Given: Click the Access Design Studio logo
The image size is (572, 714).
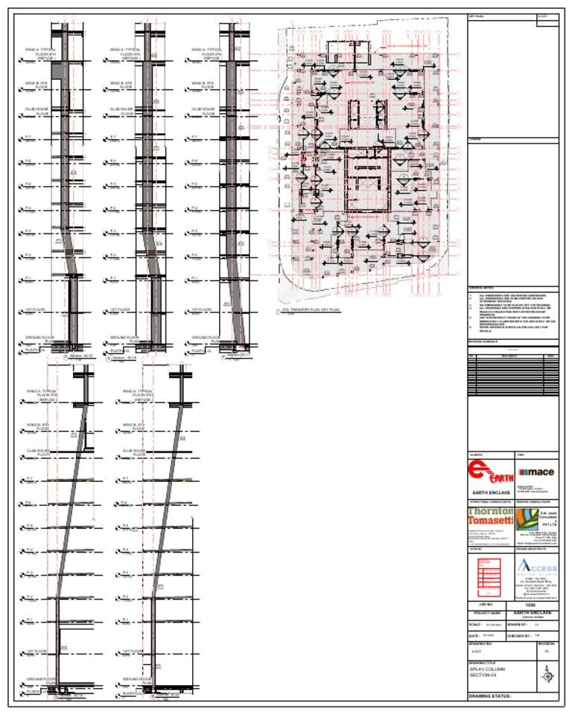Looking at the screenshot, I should (x=536, y=567).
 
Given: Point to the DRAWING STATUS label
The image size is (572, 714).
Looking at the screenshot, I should (x=492, y=697).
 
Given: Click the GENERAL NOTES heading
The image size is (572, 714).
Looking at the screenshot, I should (x=481, y=289).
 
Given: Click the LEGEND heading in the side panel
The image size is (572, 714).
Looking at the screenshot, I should (x=475, y=139).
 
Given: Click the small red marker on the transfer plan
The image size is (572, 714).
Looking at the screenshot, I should (x=303, y=158).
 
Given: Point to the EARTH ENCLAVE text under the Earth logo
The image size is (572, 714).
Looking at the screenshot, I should (x=488, y=493).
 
